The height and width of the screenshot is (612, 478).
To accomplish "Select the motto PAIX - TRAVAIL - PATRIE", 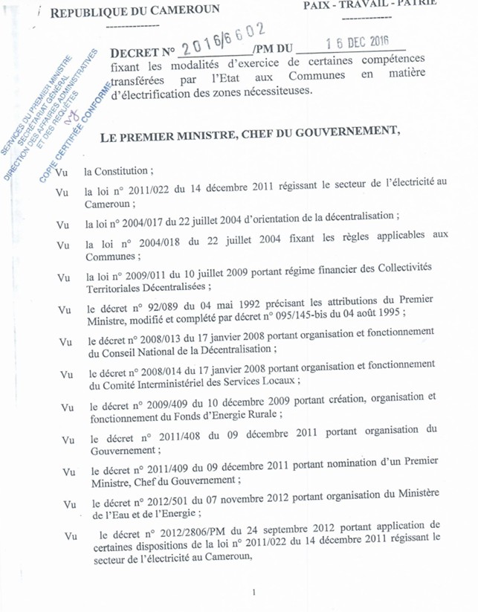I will click(369, 4).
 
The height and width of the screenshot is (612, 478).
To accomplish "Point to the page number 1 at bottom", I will click(254, 592).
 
